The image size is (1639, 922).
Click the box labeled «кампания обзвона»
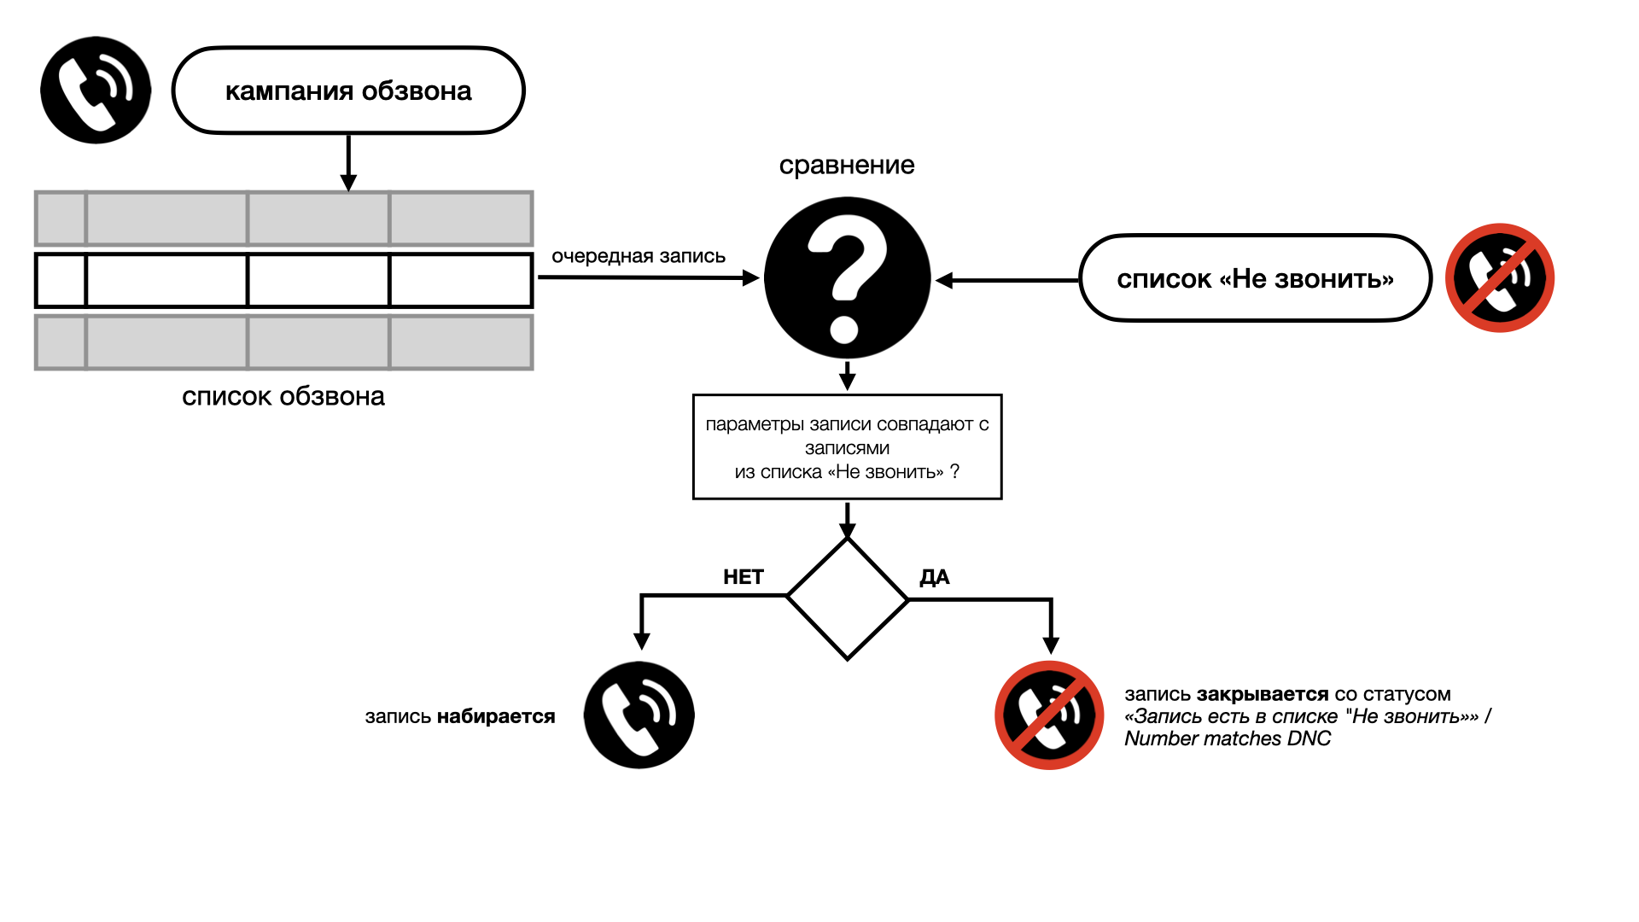[348, 90]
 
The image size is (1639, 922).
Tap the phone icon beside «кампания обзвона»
[96, 90]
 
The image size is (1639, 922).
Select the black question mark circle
[847, 278]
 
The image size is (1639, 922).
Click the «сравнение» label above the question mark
[847, 165]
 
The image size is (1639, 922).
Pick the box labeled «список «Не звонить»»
[1255, 278]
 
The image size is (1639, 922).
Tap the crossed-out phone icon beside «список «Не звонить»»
[1500, 278]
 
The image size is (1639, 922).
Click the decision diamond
[848, 599]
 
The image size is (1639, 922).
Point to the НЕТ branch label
[744, 577]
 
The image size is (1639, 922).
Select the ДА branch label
[935, 577]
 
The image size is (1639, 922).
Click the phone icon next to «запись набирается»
[639, 715]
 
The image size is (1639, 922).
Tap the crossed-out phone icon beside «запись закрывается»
[1049, 715]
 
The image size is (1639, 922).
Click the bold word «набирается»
[496, 716]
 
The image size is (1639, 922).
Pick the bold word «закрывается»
[1263, 694]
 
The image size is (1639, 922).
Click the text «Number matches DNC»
[1228, 738]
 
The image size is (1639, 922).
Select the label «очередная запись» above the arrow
[639, 256]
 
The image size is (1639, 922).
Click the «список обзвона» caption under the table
[283, 396]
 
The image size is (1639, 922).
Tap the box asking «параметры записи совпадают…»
[848, 446]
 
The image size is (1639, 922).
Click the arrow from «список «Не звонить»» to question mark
[1007, 280]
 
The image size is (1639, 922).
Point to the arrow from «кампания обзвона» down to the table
[348, 162]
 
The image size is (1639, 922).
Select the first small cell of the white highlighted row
[61, 280]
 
